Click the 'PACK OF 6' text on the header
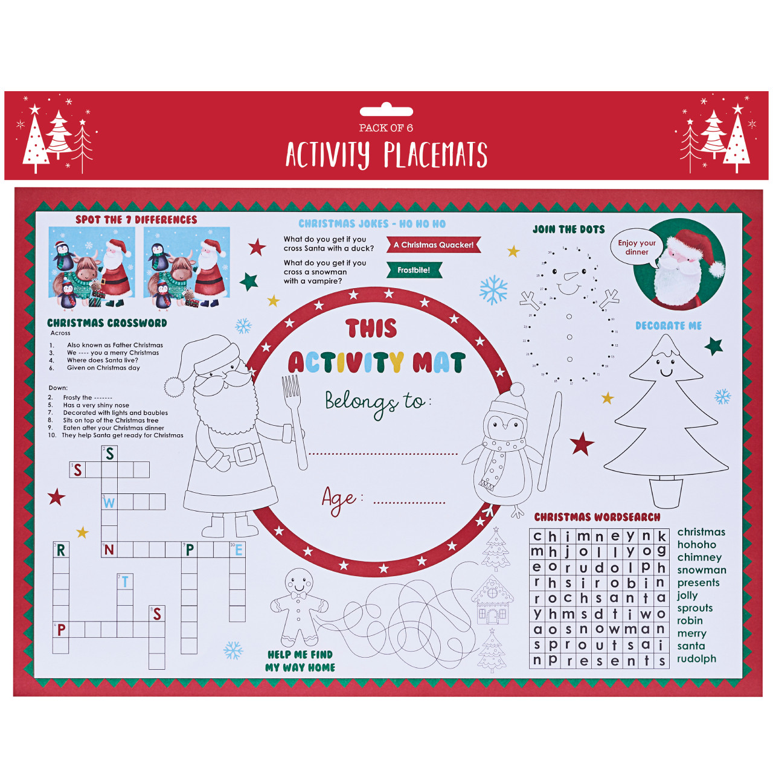[386, 128]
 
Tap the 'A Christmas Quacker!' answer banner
[433, 245]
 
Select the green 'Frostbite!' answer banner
[414, 270]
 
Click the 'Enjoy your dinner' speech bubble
[637, 247]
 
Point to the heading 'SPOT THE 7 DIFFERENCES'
[136, 220]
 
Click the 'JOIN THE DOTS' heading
[568, 229]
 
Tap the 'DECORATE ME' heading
[669, 326]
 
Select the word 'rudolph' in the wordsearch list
[696, 659]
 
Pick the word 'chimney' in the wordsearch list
[699, 557]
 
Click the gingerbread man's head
[298, 582]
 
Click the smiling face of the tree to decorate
[666, 368]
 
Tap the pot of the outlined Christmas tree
[666, 493]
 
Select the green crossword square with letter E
[238, 550]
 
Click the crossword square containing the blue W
[109, 502]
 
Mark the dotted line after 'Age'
[409, 502]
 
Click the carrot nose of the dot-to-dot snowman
[570, 277]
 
